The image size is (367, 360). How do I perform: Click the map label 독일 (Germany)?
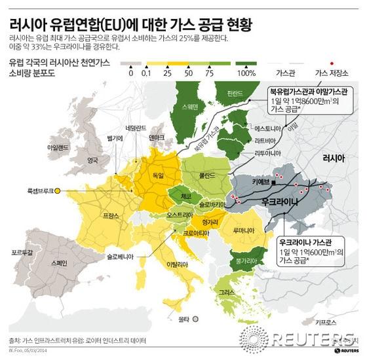coord(158,176)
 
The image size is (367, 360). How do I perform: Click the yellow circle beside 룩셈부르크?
coord(58,190)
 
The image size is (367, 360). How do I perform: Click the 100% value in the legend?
coord(246,73)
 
